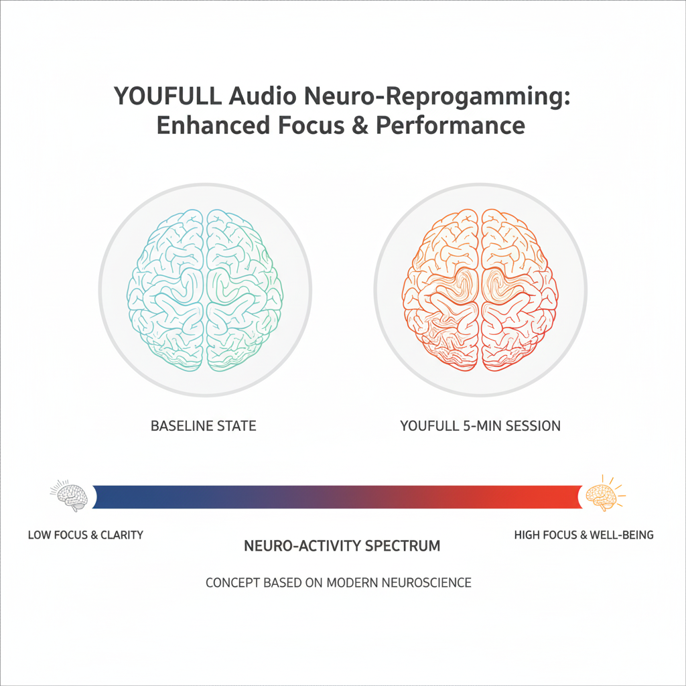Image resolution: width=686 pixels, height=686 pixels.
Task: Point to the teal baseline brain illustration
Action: [204, 290]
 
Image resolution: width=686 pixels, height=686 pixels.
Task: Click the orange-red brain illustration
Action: [480, 290]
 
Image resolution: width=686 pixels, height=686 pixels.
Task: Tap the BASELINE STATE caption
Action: [203, 425]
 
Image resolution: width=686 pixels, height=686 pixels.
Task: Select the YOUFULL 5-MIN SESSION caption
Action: [480, 425]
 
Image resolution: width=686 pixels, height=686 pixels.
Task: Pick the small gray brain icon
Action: [70, 496]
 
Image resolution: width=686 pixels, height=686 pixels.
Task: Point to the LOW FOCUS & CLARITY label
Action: [86, 535]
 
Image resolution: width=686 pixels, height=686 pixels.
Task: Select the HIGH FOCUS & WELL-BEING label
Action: [584, 535]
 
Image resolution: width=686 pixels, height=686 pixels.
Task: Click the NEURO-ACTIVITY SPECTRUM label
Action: [342, 545]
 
